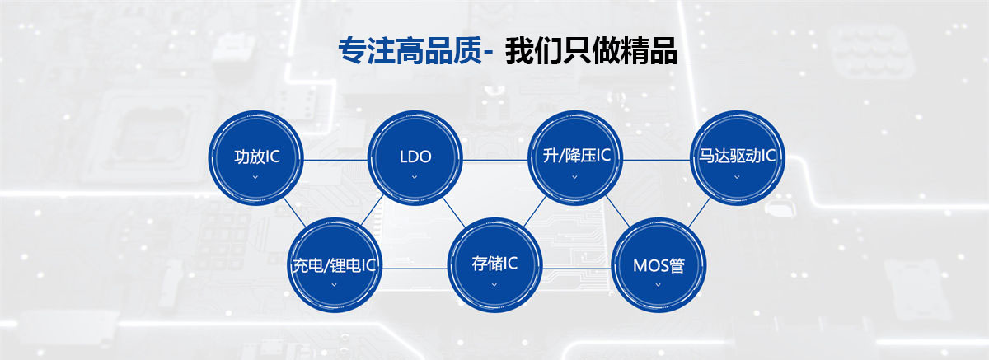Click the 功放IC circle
pyautogui.click(x=255, y=158)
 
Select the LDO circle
pyautogui.click(x=415, y=158)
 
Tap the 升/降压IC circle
pyautogui.click(x=575, y=158)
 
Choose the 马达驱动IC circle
pyautogui.click(x=738, y=158)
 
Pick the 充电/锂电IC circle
pyautogui.click(x=335, y=265)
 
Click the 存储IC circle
pyautogui.click(x=494, y=265)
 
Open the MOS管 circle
pyautogui.click(x=659, y=265)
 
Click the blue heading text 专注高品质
pyautogui.click(x=410, y=51)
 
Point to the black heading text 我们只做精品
pyautogui.click(x=591, y=51)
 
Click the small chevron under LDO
pyautogui.click(x=414, y=177)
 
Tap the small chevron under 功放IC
pyautogui.click(x=255, y=177)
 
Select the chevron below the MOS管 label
pyautogui.click(x=658, y=285)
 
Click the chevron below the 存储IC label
pyautogui.click(x=494, y=285)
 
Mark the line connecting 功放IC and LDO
pyautogui.click(x=335, y=160)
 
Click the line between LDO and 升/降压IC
pyautogui.click(x=495, y=160)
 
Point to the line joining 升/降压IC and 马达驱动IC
pyautogui.click(x=657, y=160)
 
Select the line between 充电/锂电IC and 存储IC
pyautogui.click(x=415, y=269)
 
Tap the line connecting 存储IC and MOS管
pyautogui.click(x=577, y=269)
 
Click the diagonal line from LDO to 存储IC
pyautogui.click(x=454, y=213)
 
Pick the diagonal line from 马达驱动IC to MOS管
pyautogui.click(x=699, y=213)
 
